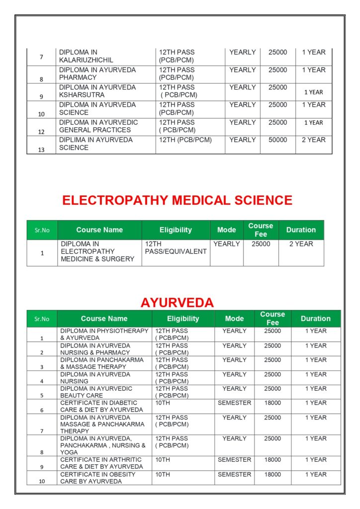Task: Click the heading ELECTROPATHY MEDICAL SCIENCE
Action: (x=177, y=200)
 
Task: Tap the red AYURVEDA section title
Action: (x=177, y=302)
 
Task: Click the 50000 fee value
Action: (x=278, y=140)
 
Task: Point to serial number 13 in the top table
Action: (x=41, y=150)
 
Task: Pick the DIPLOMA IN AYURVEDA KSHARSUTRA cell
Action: (x=97, y=91)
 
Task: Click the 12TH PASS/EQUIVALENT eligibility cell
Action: (x=176, y=248)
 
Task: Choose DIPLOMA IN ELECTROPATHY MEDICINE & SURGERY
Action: (x=97, y=252)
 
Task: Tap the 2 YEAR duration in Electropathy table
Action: (x=301, y=244)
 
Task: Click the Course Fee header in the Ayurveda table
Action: (x=272, y=319)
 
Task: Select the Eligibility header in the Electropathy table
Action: (x=176, y=230)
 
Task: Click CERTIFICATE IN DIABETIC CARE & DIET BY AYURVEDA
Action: (x=101, y=406)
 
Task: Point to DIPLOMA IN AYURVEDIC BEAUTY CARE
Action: (x=96, y=392)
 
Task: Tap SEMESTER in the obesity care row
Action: (x=234, y=475)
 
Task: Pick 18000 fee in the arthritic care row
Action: (x=272, y=460)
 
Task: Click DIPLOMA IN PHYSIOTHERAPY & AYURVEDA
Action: (x=104, y=334)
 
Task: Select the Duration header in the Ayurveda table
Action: (x=315, y=319)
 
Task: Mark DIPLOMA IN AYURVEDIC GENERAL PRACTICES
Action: (x=98, y=126)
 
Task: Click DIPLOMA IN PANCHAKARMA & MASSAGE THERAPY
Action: (x=102, y=363)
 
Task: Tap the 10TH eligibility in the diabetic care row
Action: (x=163, y=403)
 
